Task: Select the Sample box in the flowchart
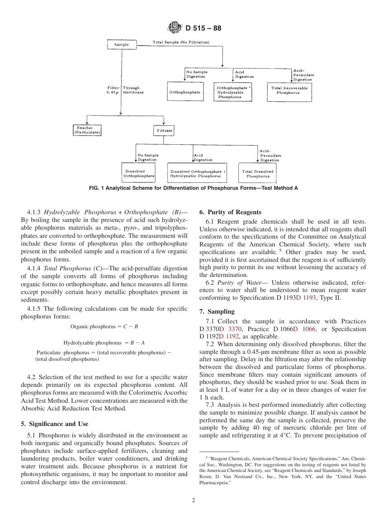click(121, 44)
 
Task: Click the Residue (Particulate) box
click(87, 130)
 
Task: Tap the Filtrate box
click(164, 131)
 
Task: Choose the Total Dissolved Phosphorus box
click(258, 174)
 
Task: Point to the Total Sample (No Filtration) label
click(181, 42)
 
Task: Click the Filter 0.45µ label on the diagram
click(113, 90)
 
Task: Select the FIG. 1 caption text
click(193, 188)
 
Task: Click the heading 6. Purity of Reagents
click(230, 212)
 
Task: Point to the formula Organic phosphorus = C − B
click(104, 327)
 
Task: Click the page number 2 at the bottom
click(193, 500)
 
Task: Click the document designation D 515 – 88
click(203, 29)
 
